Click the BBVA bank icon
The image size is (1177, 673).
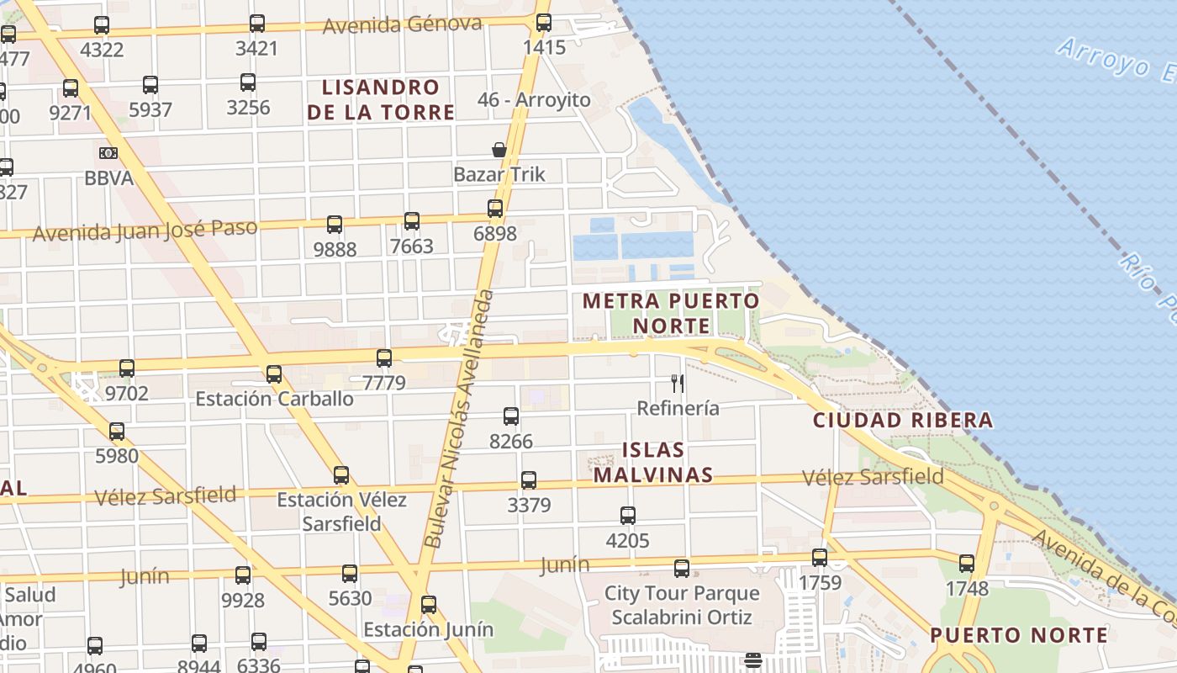[x=108, y=153]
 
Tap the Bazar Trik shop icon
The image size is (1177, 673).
[x=499, y=150]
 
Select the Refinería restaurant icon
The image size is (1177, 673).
[x=678, y=384]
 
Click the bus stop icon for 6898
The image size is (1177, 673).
[x=495, y=208]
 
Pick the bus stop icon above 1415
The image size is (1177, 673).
[x=544, y=23]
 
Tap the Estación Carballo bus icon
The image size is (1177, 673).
[x=274, y=374]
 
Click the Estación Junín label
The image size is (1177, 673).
[x=428, y=629]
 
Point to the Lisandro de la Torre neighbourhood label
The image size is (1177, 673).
[x=381, y=99]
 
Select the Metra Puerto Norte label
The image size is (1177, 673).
[x=671, y=312]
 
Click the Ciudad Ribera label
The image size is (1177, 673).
[x=903, y=420]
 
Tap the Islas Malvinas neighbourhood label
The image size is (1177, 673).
[x=653, y=462]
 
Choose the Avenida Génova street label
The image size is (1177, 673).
[x=403, y=24]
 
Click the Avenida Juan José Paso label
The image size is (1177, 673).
[x=145, y=230]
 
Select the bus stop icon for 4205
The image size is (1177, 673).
[x=628, y=515]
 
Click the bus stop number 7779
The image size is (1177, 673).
[x=384, y=383]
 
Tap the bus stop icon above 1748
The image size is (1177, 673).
[x=967, y=564]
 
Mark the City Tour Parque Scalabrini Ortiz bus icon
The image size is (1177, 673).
[x=682, y=569]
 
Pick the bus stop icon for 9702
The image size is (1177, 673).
[x=127, y=368]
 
